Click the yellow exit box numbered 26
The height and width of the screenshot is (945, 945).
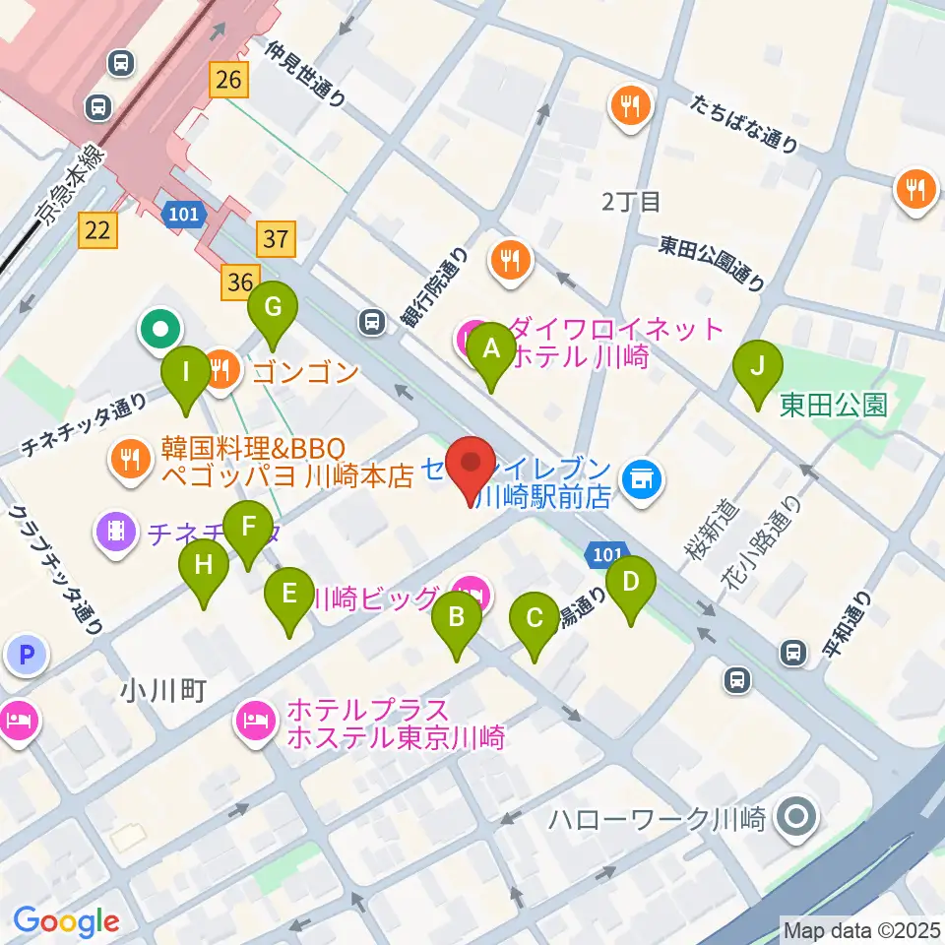(228, 79)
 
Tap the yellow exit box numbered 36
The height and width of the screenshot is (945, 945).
(238, 283)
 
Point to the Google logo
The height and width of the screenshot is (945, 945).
(66, 921)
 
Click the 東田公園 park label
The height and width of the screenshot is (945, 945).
(833, 405)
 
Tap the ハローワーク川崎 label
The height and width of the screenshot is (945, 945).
(658, 819)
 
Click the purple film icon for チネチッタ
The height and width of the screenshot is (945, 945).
(116, 533)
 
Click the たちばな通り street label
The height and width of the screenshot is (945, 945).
(743, 124)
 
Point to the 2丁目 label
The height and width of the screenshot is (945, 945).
(630, 203)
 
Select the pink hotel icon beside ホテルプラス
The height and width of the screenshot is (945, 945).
(256, 723)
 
